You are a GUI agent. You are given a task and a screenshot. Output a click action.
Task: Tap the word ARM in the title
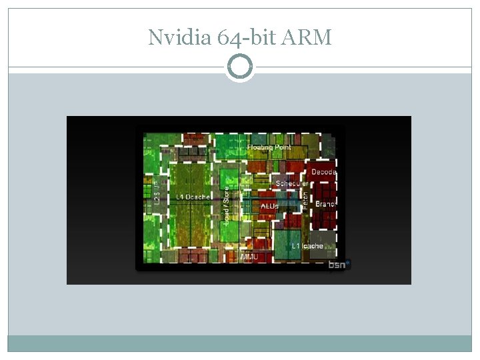(307, 38)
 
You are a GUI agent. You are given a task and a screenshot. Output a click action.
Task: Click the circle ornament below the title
(240, 67)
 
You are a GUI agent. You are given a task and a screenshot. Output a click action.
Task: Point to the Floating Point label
(269, 147)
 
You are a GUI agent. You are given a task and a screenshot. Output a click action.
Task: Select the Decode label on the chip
(324, 172)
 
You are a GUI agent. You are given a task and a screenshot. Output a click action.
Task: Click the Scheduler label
(292, 183)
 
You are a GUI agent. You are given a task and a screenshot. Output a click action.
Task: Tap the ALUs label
(269, 207)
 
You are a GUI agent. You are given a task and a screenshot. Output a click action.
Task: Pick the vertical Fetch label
(305, 199)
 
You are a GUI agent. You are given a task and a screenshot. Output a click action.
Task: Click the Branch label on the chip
(325, 204)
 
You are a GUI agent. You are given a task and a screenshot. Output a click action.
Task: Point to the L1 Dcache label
(193, 197)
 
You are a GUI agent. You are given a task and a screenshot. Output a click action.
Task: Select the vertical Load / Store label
(226, 205)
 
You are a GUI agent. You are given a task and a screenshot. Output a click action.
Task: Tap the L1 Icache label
(307, 246)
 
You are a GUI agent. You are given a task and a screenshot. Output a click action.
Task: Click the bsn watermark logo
(339, 265)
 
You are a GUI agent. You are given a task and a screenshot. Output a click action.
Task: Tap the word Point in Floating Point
(282, 147)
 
